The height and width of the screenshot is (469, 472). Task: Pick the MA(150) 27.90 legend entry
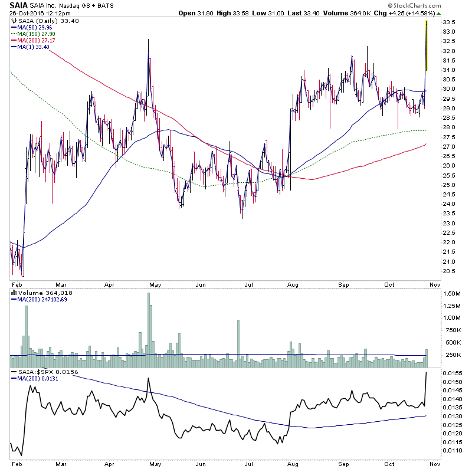tap(37, 35)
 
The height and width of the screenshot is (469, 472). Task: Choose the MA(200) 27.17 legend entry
tap(37, 42)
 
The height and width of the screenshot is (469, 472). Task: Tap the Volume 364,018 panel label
tap(38, 293)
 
